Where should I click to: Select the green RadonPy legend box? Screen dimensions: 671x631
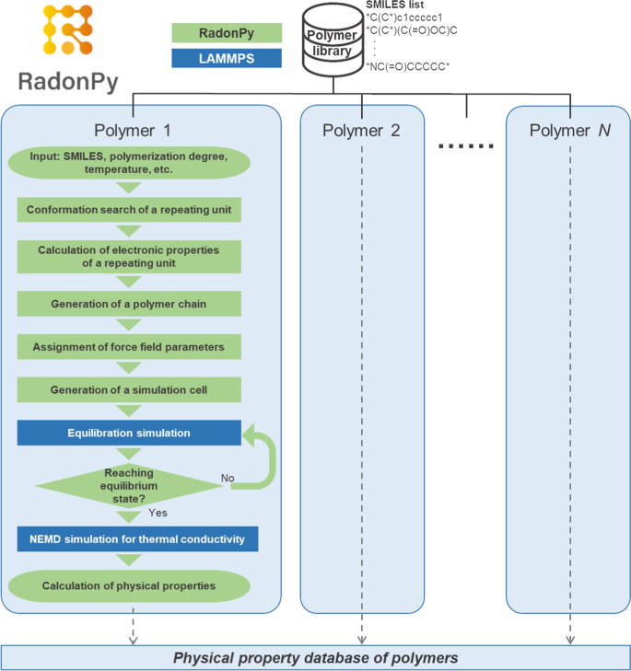[227, 33]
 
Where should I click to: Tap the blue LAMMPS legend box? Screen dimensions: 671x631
[227, 59]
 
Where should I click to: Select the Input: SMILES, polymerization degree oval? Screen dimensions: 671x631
[129, 164]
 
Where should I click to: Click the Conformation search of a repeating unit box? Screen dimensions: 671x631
[129, 210]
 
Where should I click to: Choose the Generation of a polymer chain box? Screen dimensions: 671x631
[129, 302]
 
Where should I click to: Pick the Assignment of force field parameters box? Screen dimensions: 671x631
[129, 347]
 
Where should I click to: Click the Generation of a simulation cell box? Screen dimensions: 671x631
[129, 390]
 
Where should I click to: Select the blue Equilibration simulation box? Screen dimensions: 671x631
[129, 434]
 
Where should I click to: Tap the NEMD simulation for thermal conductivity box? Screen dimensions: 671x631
[137, 538]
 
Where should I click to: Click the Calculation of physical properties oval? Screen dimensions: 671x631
[129, 585]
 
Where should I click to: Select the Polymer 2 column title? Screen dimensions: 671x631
[361, 130]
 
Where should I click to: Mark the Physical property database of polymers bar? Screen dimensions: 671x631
[315, 658]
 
